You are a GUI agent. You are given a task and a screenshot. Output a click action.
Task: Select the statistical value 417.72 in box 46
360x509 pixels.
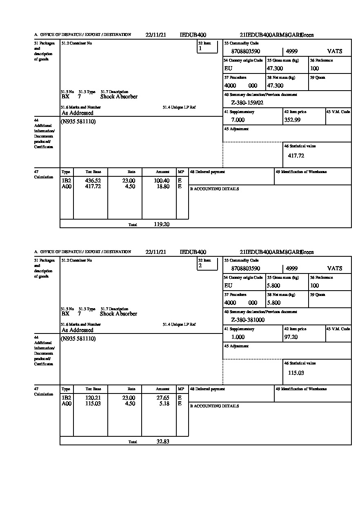pyautogui.click(x=296, y=156)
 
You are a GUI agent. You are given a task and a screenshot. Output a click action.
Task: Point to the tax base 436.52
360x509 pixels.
pyautogui.click(x=93, y=180)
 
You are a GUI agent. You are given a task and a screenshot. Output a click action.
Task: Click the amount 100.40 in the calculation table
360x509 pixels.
pyautogui.click(x=163, y=180)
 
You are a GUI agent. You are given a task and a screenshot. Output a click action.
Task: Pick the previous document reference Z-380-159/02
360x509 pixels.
pyautogui.click(x=247, y=102)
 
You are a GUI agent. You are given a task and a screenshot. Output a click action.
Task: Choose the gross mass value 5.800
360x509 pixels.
pyautogui.click(x=273, y=285)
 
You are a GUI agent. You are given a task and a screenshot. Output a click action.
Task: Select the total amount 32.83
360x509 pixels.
pyautogui.click(x=163, y=441)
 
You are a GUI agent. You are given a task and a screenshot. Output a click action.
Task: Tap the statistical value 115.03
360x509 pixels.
pyautogui.click(x=296, y=373)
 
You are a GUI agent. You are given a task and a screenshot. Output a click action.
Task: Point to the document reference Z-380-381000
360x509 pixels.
pyautogui.click(x=248, y=320)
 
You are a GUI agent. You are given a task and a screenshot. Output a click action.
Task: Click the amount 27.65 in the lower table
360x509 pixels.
pyautogui.click(x=163, y=398)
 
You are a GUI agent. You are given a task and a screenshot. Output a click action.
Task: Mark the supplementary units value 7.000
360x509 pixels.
pyautogui.click(x=238, y=120)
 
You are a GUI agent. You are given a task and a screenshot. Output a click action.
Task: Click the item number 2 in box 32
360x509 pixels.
pyautogui.click(x=200, y=266)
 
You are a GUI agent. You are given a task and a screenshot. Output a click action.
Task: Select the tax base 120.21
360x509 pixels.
pyautogui.click(x=93, y=398)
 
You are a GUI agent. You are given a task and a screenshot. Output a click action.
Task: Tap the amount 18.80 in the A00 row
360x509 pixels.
pyautogui.click(x=163, y=187)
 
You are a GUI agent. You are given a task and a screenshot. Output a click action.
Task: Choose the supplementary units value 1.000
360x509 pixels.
pyautogui.click(x=238, y=337)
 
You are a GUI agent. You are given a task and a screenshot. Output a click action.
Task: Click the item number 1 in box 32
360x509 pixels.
pyautogui.click(x=200, y=49)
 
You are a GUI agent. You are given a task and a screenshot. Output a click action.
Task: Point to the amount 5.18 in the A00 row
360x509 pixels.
pyautogui.click(x=164, y=404)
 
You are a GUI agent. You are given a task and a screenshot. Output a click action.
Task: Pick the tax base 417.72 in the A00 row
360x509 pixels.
pyautogui.click(x=93, y=187)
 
